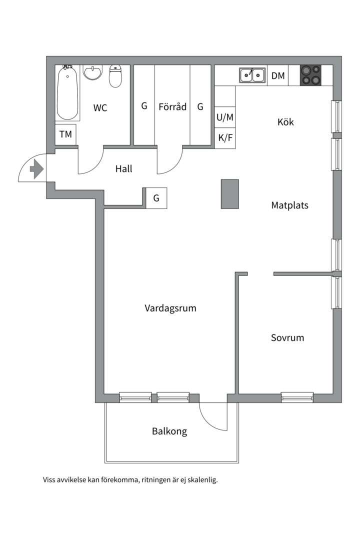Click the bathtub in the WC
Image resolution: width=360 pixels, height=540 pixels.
(67, 93)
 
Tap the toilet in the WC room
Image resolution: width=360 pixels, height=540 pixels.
(115, 76)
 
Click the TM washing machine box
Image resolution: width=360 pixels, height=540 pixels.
(65, 134)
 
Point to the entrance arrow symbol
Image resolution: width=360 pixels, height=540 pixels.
(36, 169)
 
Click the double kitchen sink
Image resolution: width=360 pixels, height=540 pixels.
(252, 75)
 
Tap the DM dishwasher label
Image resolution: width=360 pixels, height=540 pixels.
(278, 76)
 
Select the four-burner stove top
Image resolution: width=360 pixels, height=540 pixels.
(310, 75)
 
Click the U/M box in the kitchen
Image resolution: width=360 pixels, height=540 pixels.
(225, 117)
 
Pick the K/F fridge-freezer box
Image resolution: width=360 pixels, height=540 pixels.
(225, 138)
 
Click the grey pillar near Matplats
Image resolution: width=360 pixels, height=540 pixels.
(230, 194)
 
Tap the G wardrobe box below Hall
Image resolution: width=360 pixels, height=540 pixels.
(156, 198)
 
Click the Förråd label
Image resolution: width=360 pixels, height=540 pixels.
(172, 106)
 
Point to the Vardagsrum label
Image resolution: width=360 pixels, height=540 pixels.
(170, 308)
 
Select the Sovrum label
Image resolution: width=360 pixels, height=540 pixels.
(287, 337)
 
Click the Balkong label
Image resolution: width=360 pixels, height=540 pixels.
(169, 431)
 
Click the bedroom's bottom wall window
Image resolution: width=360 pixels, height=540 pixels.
(297, 397)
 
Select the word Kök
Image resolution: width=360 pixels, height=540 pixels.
(285, 122)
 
